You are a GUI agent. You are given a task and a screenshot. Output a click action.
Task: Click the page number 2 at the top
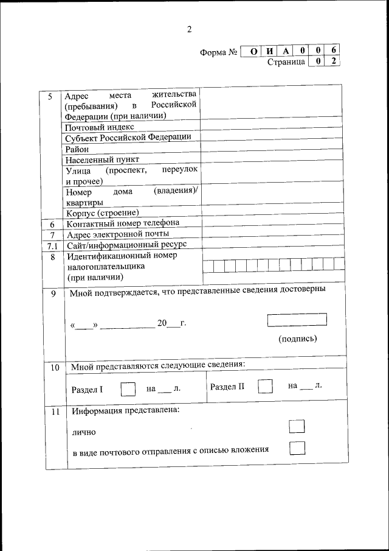tap(189, 29)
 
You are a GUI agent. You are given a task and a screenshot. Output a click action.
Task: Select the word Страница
tap(286, 62)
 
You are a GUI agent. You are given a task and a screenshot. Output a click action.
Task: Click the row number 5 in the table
tap(50, 97)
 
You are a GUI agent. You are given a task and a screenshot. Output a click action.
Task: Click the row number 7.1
tap(52, 245)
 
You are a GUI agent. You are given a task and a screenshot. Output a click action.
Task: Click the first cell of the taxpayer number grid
tap(208, 265)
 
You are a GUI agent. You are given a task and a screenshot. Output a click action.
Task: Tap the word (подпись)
tap(297, 339)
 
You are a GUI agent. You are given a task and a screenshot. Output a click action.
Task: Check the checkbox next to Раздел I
tap(128, 388)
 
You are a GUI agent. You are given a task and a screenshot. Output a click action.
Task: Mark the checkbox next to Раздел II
tap(264, 387)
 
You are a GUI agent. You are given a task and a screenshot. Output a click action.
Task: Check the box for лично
tap(297, 426)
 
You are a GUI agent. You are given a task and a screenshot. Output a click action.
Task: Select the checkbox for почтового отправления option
tap(297, 448)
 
